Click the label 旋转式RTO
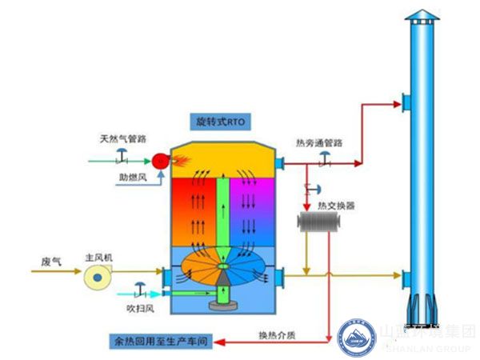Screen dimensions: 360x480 pyautogui.click(x=220, y=122)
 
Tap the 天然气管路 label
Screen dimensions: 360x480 pyautogui.click(x=122, y=138)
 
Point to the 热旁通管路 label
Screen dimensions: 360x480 pyautogui.click(x=318, y=142)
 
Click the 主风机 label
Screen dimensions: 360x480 pyautogui.click(x=99, y=258)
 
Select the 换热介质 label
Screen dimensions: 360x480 pyautogui.click(x=276, y=335)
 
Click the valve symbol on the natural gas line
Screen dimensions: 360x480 pyautogui.click(x=122, y=155)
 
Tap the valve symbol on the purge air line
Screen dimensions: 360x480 pyautogui.click(x=139, y=286)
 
